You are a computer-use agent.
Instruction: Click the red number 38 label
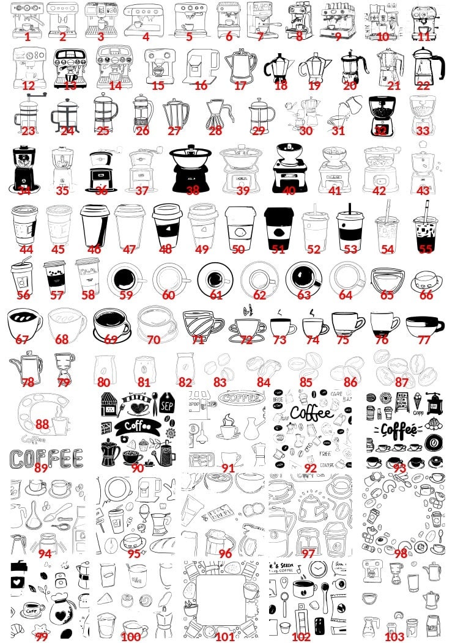[x=193, y=191]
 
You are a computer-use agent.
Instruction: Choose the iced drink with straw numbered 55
[x=424, y=226]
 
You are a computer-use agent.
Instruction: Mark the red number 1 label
[x=28, y=36]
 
